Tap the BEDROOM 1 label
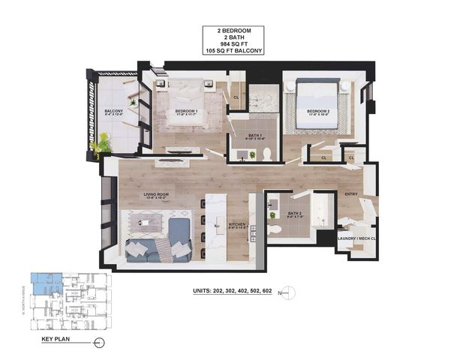185,111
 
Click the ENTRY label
351,194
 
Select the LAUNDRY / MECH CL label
356,238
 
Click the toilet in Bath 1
265,154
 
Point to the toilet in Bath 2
275,228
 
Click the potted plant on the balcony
102,142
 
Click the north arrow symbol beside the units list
293,291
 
